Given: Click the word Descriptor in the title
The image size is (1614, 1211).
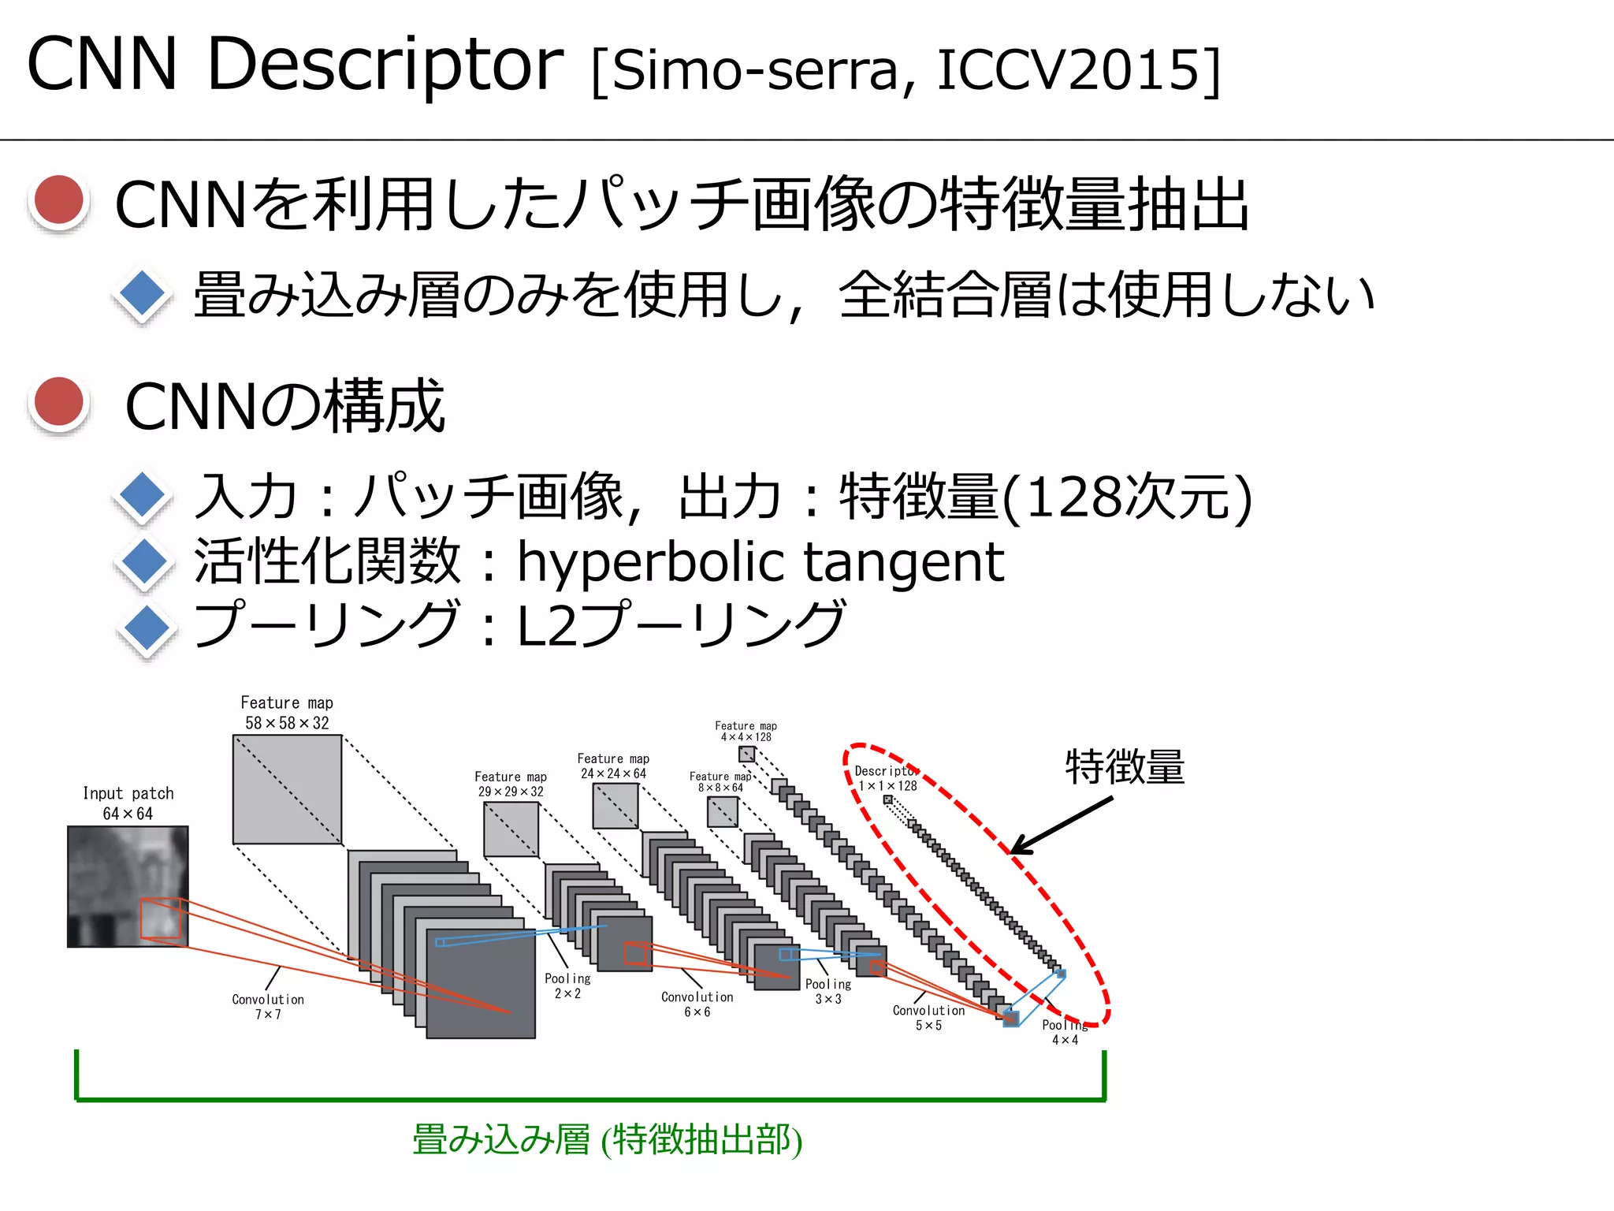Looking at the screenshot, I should pyautogui.click(x=385, y=65).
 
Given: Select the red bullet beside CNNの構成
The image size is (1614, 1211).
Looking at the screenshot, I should pyautogui.click(x=59, y=402).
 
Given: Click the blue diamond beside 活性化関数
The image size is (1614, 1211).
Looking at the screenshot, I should pyautogui.click(x=143, y=562).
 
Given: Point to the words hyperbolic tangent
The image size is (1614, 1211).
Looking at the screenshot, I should pyautogui.click(x=760, y=562).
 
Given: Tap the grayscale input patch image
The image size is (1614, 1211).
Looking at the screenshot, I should pyautogui.click(x=128, y=885).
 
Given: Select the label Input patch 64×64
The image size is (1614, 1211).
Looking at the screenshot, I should pyautogui.click(x=128, y=803).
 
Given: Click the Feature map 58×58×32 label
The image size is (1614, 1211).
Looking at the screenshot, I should pyautogui.click(x=287, y=713).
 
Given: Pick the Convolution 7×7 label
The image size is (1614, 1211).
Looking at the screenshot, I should pyautogui.click(x=268, y=1007).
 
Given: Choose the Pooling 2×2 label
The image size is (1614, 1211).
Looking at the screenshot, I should pyautogui.click(x=567, y=986).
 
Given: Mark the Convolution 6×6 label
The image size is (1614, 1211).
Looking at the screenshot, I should pyautogui.click(x=697, y=1004).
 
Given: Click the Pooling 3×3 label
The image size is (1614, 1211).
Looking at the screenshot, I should pyautogui.click(x=828, y=992).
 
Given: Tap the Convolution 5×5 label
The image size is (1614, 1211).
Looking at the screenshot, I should pyautogui.click(x=928, y=1018).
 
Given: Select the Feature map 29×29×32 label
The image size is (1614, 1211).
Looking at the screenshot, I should pyautogui.click(x=511, y=784).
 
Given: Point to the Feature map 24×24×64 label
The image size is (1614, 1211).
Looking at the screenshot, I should pyautogui.click(x=613, y=766).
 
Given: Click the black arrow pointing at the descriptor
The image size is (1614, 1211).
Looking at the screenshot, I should pyautogui.click(x=1061, y=825).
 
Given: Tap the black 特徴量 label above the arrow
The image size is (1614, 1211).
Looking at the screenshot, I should pyautogui.click(x=1125, y=767).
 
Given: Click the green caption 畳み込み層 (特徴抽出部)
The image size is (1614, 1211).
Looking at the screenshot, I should pyautogui.click(x=607, y=1140).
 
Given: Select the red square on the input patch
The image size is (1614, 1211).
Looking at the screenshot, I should pyautogui.click(x=161, y=918).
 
